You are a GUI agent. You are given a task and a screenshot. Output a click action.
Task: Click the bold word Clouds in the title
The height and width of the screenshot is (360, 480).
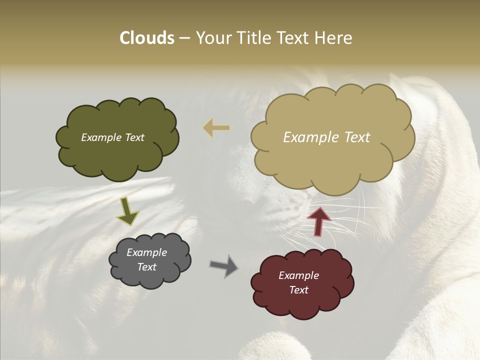pyautogui.click(x=146, y=38)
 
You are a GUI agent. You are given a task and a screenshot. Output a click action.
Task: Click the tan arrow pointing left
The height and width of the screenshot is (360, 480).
pyautogui.click(x=216, y=128)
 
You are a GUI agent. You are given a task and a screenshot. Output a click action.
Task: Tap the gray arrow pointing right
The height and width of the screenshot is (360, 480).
pyautogui.click(x=223, y=266)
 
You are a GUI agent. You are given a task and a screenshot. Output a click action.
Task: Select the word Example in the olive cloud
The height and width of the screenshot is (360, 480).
pyautogui.click(x=100, y=137)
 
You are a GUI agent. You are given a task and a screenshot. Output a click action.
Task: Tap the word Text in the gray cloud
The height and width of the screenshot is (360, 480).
pyautogui.click(x=147, y=267)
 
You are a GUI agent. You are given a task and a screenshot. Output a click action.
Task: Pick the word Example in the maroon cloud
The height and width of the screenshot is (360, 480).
pyautogui.click(x=298, y=275)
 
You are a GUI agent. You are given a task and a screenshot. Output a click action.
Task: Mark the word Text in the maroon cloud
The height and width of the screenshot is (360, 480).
pyautogui.click(x=298, y=290)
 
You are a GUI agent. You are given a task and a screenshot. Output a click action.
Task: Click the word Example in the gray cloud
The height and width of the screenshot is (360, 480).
pyautogui.click(x=146, y=252)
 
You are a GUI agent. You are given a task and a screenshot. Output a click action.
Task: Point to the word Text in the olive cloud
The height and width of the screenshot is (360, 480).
pyautogui.click(x=134, y=137)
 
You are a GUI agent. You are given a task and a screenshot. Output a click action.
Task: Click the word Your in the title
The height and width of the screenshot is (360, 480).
pyautogui.click(x=210, y=38)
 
